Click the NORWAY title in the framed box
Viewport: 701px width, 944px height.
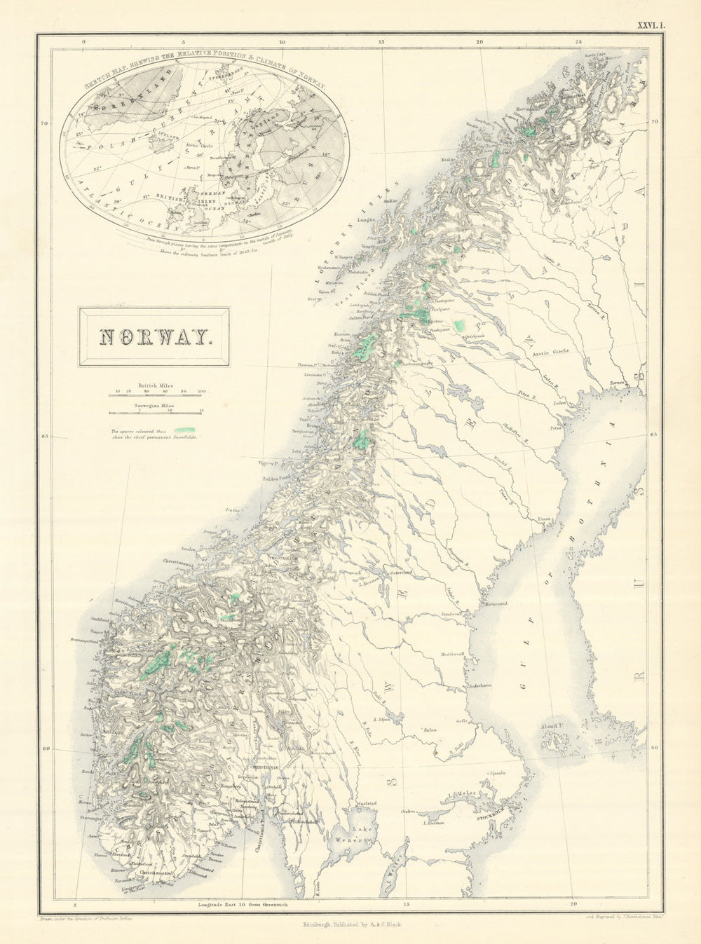point(154,337)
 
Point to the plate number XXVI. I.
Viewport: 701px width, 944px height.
point(653,26)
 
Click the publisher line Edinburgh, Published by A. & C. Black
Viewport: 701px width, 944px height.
point(350,925)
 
